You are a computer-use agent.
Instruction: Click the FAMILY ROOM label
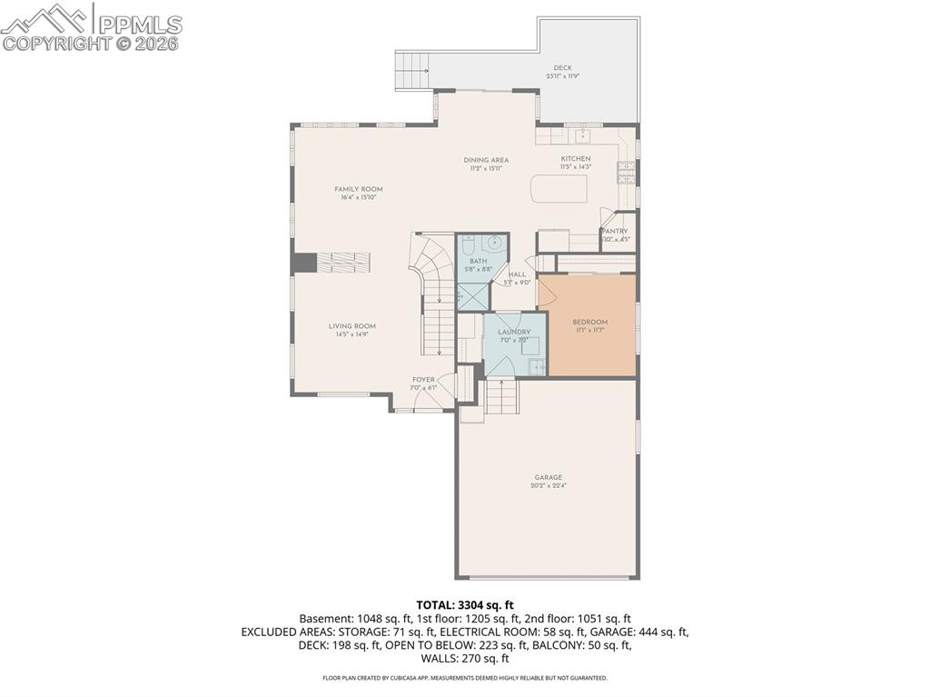[358, 189]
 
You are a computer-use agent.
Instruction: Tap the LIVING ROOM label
[351, 326]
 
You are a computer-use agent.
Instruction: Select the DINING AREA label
[486, 160]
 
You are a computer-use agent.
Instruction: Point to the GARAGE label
[548, 477]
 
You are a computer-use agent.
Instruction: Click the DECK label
[563, 68]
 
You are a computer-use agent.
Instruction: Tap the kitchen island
[559, 188]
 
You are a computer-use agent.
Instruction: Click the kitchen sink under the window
[583, 135]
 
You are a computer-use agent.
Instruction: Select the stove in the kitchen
[627, 172]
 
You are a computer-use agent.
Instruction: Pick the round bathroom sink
[494, 243]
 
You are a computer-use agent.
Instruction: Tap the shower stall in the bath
[472, 295]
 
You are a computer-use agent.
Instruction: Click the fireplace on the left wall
[304, 262]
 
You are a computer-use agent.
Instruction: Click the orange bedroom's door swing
[548, 293]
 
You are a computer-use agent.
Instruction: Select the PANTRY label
[615, 232]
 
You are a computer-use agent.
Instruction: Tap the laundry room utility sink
[537, 366]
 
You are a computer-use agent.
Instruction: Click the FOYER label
[423, 380]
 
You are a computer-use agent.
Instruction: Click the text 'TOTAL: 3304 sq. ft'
[465, 604]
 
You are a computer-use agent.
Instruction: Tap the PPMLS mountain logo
[45, 18]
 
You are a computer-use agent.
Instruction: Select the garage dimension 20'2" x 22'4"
[548, 486]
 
